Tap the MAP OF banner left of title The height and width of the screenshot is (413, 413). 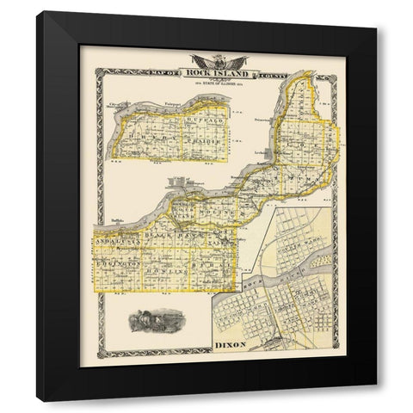169,69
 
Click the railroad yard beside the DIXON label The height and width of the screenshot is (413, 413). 275,342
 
